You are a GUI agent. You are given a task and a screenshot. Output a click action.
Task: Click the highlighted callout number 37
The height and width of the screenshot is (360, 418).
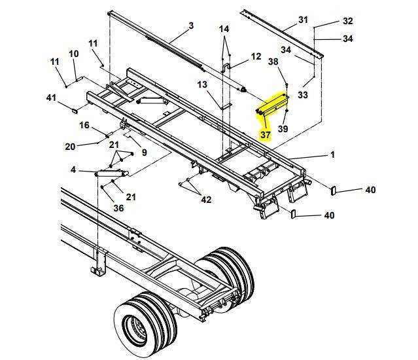(266, 135)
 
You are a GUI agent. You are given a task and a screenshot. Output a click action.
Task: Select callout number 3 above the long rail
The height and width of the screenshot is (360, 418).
(191, 26)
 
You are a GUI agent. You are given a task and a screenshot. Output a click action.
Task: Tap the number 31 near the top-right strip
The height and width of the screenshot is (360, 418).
(303, 20)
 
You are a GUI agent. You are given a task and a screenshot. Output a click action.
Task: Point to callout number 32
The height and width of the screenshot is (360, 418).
(347, 21)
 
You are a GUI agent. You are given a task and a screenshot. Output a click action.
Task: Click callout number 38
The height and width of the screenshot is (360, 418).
(273, 62)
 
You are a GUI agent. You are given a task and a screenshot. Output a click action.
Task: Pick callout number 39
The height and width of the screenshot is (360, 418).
(283, 129)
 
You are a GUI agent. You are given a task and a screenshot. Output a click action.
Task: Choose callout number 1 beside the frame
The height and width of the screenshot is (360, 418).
(332, 154)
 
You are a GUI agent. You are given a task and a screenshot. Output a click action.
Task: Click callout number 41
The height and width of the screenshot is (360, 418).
(52, 98)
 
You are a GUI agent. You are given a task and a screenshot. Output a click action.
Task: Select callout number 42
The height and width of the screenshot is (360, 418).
(206, 200)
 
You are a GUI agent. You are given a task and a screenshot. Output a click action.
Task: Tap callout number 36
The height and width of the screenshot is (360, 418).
(118, 207)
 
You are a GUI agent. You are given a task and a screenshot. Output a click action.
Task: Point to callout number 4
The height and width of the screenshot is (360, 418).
(73, 170)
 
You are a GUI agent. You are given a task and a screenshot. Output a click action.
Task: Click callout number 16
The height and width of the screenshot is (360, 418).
(84, 125)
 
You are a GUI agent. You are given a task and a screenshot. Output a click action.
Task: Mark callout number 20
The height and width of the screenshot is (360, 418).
(71, 146)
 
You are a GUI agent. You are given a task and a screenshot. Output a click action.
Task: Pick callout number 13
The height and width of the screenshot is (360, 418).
(202, 85)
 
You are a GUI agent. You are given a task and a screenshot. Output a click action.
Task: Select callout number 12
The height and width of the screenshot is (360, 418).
(256, 56)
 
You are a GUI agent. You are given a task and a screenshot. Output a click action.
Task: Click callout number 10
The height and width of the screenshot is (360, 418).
(74, 54)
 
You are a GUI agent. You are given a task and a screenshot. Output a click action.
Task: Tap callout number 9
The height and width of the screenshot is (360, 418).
(144, 153)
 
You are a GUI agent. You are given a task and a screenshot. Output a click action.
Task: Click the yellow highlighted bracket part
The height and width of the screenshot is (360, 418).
(273, 105)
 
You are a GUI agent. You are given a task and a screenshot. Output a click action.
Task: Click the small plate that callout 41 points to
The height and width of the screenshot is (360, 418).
(74, 111)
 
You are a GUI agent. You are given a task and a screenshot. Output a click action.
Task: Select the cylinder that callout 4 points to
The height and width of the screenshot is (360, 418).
(112, 173)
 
